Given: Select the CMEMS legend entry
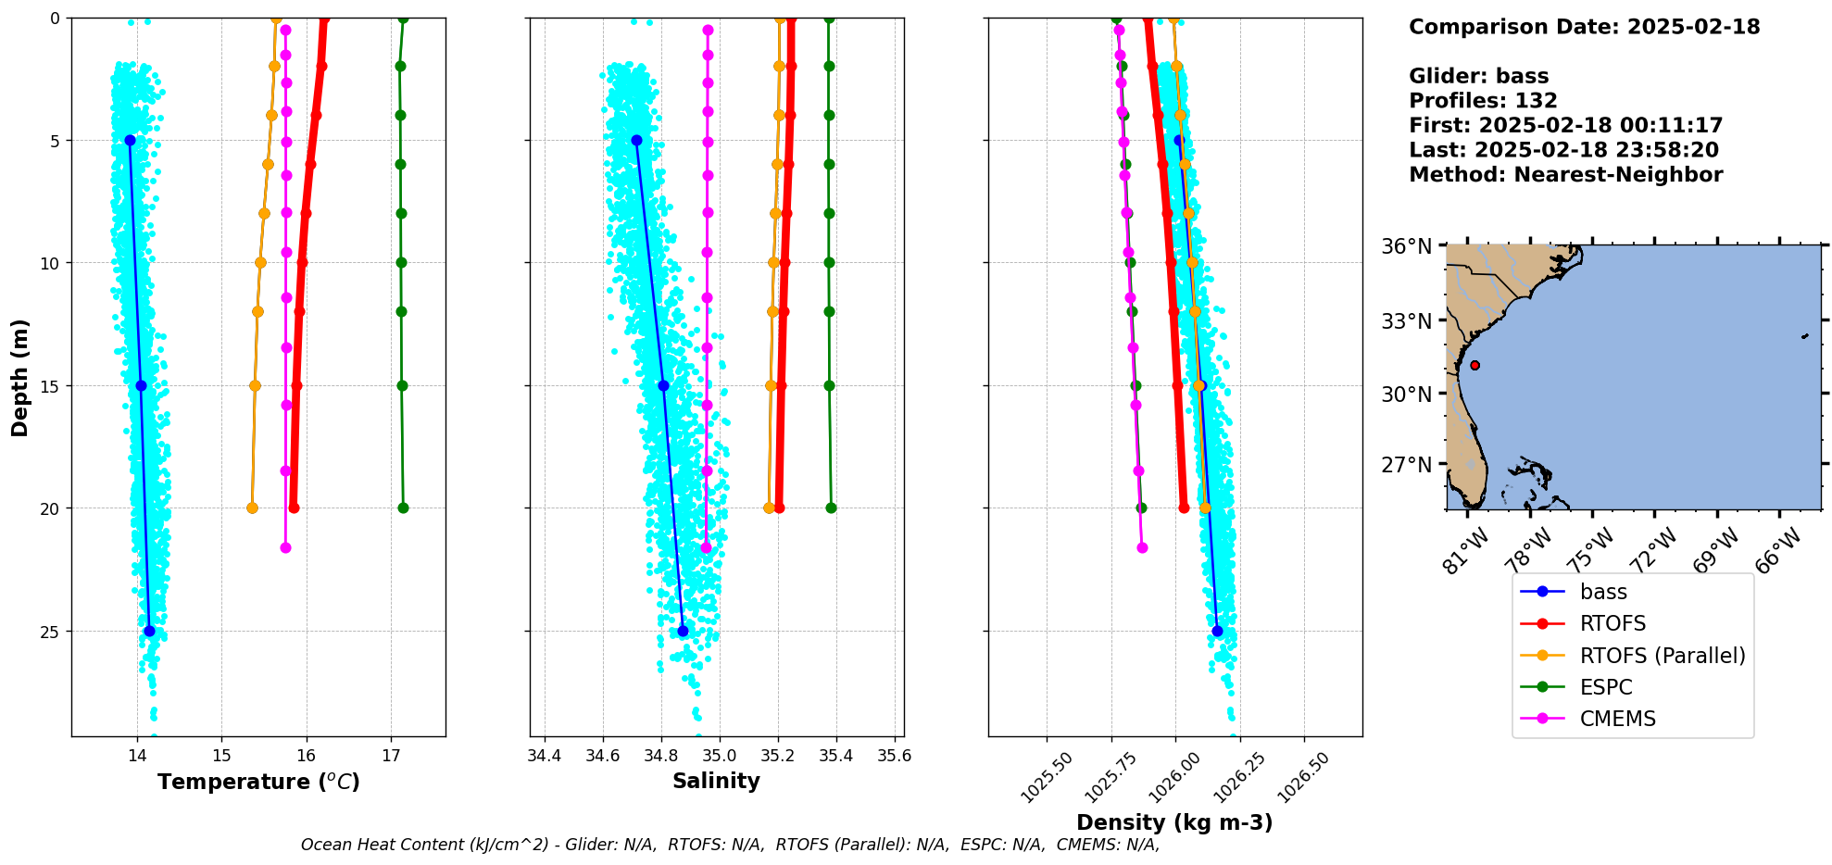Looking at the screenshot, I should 1617,719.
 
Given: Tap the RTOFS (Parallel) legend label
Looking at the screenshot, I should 1663,656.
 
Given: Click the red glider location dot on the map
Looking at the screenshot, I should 1474,365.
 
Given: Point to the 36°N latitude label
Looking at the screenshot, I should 1406,246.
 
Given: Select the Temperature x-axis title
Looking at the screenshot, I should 258,782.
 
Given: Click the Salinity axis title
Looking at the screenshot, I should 716,781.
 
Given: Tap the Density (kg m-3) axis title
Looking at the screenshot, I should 1174,822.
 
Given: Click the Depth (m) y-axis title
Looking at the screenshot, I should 20,378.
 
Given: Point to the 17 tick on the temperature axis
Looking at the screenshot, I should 391,756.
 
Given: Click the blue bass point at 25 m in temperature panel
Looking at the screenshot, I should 149,631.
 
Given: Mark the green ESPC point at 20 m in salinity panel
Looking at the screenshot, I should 831,508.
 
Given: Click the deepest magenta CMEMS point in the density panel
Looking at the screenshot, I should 1142,547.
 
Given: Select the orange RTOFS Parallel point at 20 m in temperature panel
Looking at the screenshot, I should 252,508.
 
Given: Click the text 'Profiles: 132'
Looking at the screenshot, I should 1483,101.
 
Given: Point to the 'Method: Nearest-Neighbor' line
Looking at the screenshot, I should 1565,175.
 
